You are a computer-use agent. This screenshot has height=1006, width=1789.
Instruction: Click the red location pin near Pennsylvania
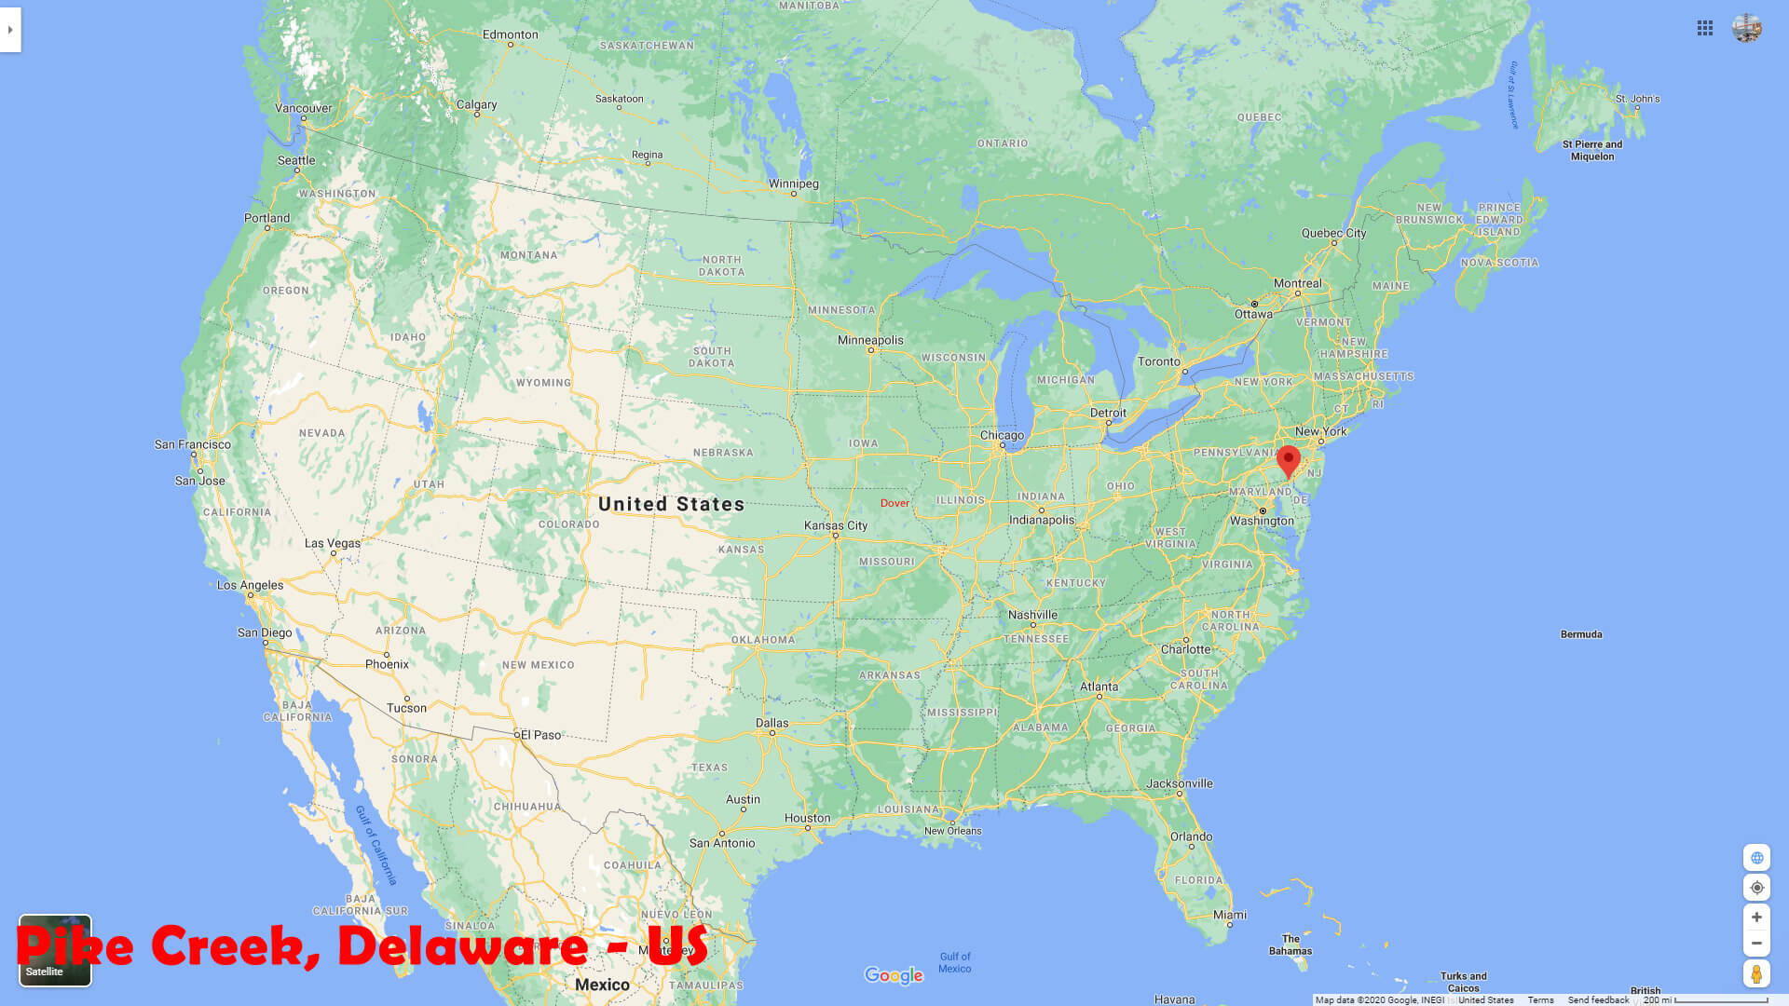point(1288,460)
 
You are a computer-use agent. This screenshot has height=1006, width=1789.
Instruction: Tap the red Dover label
point(894,503)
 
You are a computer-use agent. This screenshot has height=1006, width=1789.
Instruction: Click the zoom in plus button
point(1756,918)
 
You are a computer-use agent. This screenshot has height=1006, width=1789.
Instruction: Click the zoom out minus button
point(1756,944)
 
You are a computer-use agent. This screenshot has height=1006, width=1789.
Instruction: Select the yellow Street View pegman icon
point(1756,974)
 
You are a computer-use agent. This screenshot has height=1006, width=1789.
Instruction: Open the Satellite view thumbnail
point(55,950)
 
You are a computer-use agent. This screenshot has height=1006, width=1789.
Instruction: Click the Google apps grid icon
point(1705,28)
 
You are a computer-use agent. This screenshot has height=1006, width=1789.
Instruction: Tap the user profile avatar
point(1747,28)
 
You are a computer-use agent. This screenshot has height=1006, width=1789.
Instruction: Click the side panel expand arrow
point(10,30)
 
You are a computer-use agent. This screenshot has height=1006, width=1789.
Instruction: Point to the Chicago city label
point(1002,435)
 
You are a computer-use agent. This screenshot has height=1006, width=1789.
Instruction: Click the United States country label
point(671,504)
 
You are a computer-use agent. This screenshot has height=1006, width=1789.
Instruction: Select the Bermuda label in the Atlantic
point(1581,634)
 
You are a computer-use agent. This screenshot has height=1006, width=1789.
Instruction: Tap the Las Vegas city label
point(332,543)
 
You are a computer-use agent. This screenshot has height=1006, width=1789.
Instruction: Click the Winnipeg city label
point(794,184)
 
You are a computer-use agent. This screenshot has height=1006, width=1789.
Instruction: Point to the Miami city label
point(1230,915)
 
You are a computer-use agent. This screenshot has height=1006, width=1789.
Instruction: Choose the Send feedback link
point(1598,999)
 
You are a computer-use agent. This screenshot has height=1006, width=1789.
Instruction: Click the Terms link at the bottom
point(1540,999)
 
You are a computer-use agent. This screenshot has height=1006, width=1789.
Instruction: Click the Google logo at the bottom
point(894,975)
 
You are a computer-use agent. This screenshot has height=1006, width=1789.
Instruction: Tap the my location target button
point(1756,888)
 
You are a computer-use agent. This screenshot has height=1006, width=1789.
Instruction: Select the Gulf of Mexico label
point(955,962)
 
